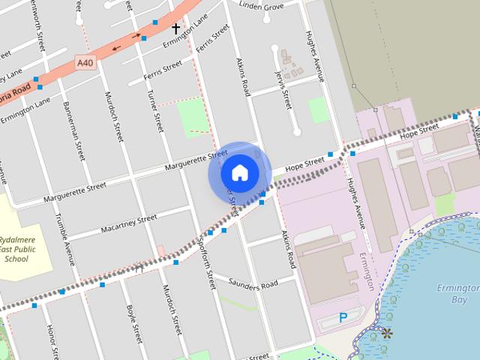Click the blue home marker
239,172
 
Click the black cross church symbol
176,29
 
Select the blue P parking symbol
343,317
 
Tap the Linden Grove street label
261,5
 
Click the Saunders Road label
253,284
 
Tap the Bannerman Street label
72,130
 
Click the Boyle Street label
133,322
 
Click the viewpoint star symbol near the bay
387,332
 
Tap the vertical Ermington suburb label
368,271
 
